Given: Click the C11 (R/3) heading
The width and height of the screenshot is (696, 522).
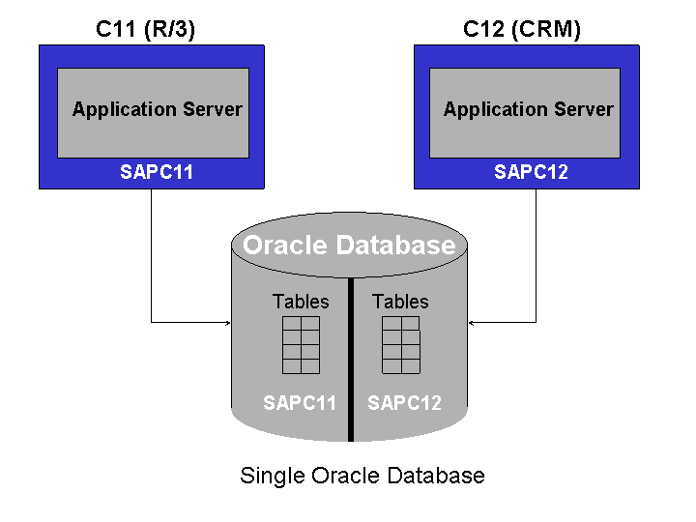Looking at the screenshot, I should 145,29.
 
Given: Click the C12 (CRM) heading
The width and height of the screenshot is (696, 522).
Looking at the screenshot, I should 522,29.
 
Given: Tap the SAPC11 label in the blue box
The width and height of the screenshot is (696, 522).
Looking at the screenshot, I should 157,173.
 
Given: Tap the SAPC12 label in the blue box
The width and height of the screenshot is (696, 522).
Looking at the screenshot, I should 531,173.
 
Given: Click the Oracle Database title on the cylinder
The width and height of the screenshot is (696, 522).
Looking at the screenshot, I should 349,246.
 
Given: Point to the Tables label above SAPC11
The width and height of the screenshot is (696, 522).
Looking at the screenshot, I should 301,302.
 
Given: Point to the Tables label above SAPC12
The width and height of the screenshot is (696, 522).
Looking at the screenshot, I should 400,302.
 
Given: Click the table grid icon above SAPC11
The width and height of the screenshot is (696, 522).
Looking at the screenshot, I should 301,345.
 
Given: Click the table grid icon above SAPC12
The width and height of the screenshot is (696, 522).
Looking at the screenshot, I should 401,345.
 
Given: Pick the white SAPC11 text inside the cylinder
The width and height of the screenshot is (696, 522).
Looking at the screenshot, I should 300,403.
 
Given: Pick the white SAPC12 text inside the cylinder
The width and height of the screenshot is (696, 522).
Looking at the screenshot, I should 404,403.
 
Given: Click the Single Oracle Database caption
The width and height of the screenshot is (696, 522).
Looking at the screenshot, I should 362,476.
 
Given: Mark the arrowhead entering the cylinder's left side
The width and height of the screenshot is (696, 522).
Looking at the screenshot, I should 227,321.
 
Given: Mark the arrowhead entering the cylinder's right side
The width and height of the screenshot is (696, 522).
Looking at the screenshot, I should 472,321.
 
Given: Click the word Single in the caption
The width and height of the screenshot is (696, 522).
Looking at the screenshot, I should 270,477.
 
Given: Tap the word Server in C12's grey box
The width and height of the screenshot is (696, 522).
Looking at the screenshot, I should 583,109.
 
